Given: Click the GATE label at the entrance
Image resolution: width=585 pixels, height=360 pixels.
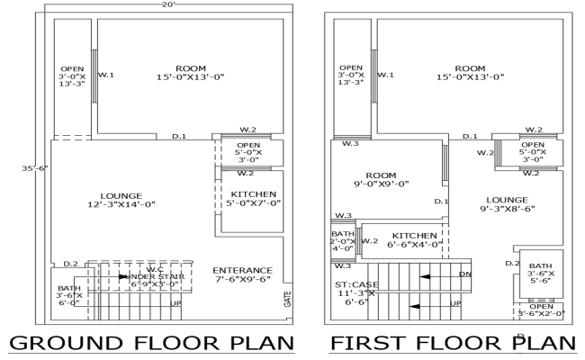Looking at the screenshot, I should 288,298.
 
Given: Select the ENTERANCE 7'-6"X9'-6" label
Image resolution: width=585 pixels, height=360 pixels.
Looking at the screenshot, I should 242,275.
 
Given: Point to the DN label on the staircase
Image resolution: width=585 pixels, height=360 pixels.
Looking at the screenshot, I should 464,274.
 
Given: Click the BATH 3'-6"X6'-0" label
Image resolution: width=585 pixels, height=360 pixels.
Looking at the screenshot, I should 68,295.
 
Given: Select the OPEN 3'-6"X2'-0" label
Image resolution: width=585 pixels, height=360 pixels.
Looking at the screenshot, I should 541,310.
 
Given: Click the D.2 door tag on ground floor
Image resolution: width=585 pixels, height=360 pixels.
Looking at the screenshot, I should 71,264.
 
